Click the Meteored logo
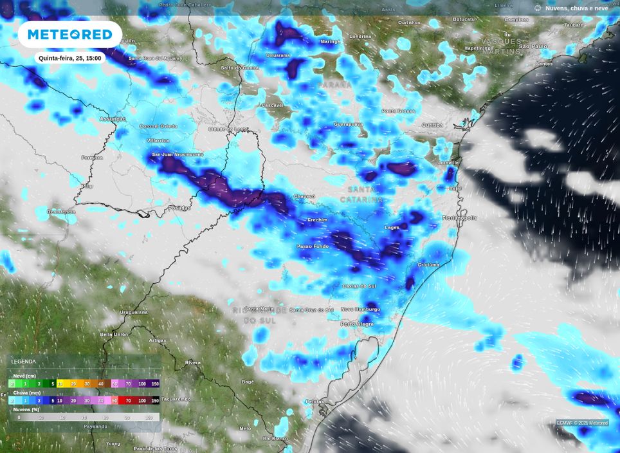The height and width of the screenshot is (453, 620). coord(69,34)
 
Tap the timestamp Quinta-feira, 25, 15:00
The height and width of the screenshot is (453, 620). coord(69,58)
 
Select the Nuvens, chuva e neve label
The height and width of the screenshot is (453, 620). coord(576,8)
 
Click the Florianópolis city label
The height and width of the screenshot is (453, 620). coord(459,217)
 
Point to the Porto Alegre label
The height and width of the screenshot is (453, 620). coord(356,324)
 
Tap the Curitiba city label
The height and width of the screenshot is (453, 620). coord(432,125)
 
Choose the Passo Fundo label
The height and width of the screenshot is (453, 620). coord(312,246)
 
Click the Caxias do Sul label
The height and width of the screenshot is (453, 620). coord(359,286)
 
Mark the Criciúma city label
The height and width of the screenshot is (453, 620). coord(428,264)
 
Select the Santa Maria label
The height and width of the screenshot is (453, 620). coord(260,309)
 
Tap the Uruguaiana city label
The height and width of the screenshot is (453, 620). coord(134,312)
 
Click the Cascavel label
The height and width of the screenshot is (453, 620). coord(272,105)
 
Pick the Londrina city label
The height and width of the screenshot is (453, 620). coord(360,36)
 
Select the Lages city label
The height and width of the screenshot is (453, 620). coord(392,227)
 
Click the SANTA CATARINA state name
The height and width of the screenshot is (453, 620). coord(365,194)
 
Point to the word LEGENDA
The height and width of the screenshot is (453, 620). coord(24,362)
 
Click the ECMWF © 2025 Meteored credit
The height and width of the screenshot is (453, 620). coord(582,423)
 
